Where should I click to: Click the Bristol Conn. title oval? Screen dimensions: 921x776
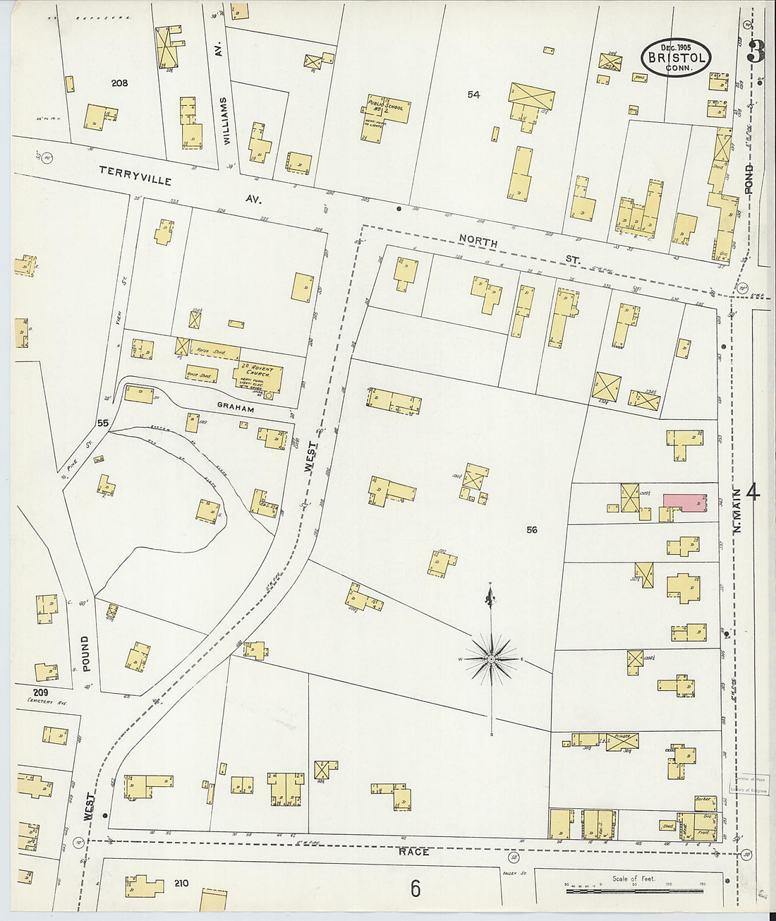(675, 57)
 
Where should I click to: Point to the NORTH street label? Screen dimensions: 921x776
(478, 242)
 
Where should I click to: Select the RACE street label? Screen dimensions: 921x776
(415, 852)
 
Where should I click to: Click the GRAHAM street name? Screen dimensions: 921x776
(236, 407)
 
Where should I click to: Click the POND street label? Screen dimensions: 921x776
(748, 179)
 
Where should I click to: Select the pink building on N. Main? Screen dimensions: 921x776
(684, 502)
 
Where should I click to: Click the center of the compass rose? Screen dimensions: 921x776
(491, 659)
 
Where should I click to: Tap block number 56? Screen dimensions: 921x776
(531, 529)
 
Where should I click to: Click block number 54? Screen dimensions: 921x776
(473, 95)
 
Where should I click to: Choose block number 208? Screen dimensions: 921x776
(119, 83)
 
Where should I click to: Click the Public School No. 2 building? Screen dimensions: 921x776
(387, 109)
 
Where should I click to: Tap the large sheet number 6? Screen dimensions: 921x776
(416, 889)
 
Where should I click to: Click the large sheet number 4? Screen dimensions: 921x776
(752, 492)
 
